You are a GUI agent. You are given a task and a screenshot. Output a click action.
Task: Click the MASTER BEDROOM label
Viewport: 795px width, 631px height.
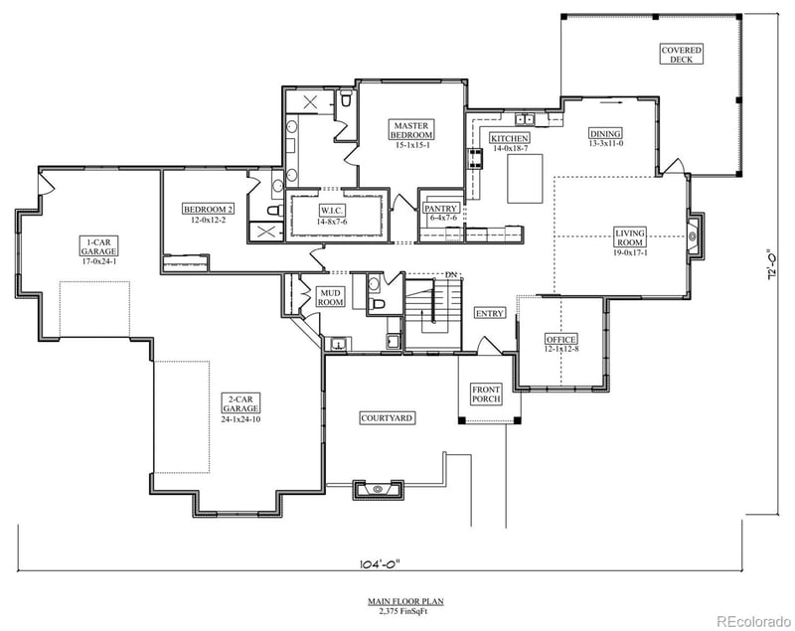pyautogui.click(x=410, y=131)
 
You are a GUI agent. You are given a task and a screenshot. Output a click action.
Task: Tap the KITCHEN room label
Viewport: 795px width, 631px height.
pyautogui.click(x=509, y=138)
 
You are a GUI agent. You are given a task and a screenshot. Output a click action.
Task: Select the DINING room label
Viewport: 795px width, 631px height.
pyautogui.click(x=605, y=134)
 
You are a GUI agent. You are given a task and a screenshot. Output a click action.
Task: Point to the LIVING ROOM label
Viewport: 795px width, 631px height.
pyautogui.click(x=631, y=237)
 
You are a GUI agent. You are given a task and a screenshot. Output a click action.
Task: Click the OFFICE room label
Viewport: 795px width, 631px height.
pyautogui.click(x=560, y=340)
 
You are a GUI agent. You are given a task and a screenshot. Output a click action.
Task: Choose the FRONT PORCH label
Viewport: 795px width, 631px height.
pyautogui.click(x=487, y=394)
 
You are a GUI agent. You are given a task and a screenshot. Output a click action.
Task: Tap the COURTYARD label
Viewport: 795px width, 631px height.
pyautogui.click(x=387, y=418)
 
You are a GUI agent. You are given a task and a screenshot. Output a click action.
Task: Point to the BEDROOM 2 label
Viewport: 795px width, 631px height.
pyautogui.click(x=209, y=209)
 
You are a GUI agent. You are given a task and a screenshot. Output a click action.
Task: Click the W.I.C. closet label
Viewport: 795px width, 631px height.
pyautogui.click(x=332, y=211)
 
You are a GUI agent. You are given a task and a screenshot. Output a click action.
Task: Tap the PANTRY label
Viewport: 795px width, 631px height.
pyautogui.click(x=440, y=209)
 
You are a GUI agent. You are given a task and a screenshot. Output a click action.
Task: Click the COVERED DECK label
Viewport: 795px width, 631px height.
pyautogui.click(x=682, y=54)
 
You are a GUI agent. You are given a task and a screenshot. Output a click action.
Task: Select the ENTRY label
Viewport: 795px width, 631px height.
pyautogui.click(x=489, y=313)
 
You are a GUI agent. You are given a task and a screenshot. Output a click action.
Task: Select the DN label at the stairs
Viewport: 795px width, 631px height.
pyautogui.click(x=451, y=274)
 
